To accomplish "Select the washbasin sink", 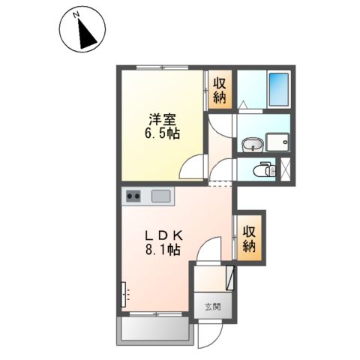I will pos(252,143).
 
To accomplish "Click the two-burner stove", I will pos(133,196).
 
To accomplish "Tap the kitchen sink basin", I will pos(161,196).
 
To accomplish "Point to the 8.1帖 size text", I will pos(162,251).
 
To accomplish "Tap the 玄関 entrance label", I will pos(212,306).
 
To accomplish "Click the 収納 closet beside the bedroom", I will pos(220,90).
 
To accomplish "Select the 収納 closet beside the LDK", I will pos(250,238).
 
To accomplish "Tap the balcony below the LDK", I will pos(155,329).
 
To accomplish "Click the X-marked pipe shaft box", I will pos(285,169).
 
